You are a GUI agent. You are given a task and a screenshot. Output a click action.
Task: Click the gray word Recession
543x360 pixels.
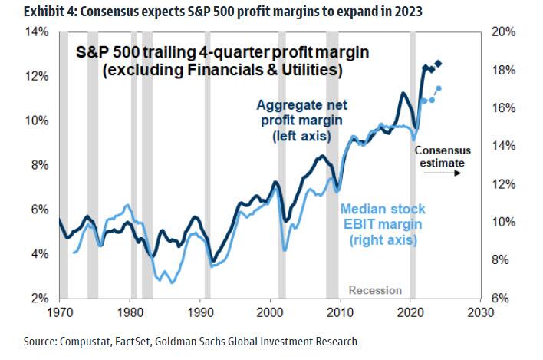pyautogui.click(x=375, y=289)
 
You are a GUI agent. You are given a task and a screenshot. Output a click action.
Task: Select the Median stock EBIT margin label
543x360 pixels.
pyautogui.click(x=383, y=224)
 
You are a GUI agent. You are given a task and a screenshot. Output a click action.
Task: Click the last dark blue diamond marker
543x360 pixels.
pyautogui.click(x=438, y=63)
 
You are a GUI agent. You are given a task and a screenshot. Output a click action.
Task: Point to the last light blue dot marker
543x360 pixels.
pyautogui.click(x=438, y=88)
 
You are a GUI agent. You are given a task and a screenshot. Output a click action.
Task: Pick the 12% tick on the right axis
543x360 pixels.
pyautogui.click(x=500, y=184)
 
